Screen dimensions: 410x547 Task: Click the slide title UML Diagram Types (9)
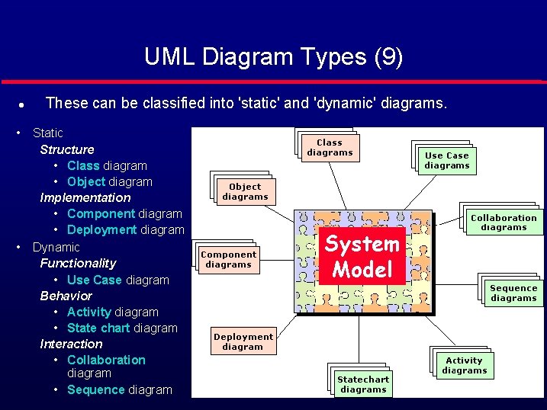tap(273, 56)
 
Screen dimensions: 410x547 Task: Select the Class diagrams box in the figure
tap(330, 147)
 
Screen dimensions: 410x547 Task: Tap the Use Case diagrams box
tap(447, 160)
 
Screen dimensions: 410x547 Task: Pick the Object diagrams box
tap(245, 191)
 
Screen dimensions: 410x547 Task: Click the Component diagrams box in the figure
tap(228, 260)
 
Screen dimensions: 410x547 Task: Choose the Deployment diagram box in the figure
tap(243, 341)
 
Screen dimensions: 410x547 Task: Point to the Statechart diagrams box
tap(363, 384)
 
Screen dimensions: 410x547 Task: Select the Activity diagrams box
tap(464, 365)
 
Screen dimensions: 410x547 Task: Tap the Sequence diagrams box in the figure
tap(513, 293)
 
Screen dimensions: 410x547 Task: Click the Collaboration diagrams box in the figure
tap(504, 222)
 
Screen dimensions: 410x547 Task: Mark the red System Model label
tap(362, 256)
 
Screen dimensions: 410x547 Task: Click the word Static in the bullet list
tap(48, 133)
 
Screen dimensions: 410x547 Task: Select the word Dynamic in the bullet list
tap(56, 247)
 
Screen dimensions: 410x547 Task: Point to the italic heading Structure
tap(67, 149)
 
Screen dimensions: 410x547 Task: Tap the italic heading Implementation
tap(85, 197)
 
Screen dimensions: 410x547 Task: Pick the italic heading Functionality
tap(78, 263)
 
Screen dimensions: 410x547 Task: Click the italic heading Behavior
tap(66, 296)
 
